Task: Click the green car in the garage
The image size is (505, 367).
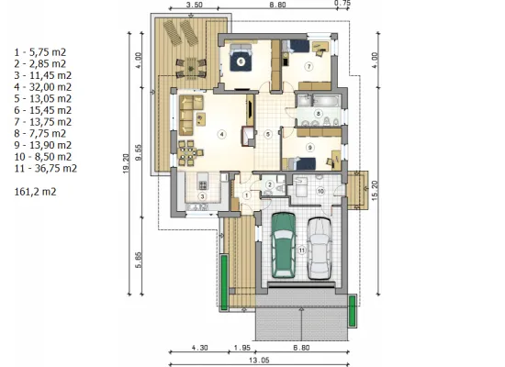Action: [x=284, y=245]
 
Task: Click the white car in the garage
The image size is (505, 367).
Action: [x=320, y=249]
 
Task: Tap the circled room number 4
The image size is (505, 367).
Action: [x=222, y=134]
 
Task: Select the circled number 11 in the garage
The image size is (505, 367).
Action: [x=301, y=250]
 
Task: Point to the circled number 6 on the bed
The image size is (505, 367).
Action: [x=241, y=61]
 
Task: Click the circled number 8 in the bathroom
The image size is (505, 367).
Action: [x=319, y=114]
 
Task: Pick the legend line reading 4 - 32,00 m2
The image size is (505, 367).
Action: [x=43, y=87]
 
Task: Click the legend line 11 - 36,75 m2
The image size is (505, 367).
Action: [x=46, y=169]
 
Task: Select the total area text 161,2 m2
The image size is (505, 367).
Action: [x=36, y=192]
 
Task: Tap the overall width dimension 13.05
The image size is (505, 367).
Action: [x=259, y=360]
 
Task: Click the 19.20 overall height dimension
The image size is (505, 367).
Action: [x=126, y=163]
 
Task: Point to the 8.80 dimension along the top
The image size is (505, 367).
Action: [x=277, y=5]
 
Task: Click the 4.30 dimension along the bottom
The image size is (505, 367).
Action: [x=199, y=348]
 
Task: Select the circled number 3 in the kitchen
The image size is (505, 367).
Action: [x=202, y=196]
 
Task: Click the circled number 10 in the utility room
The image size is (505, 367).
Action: [x=320, y=191]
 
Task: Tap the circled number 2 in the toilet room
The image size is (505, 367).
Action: [x=270, y=184]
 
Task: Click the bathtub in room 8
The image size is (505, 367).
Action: [x=325, y=101]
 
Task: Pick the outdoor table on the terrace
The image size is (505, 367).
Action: [x=191, y=67]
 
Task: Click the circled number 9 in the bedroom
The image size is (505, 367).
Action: [x=309, y=148]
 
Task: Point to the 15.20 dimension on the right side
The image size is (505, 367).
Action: [x=376, y=191]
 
